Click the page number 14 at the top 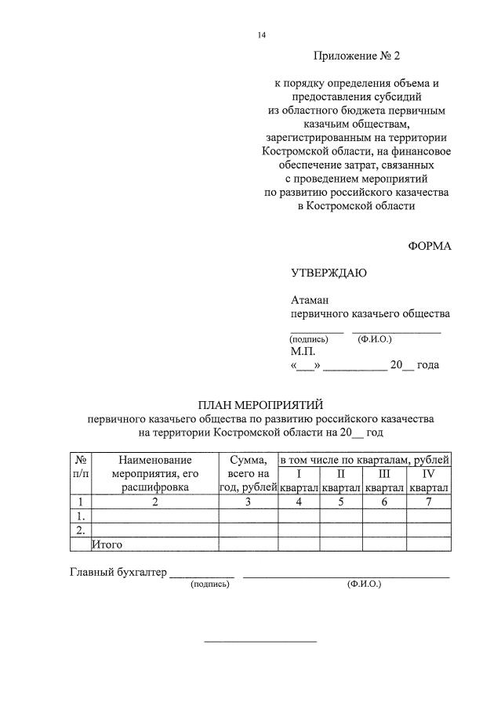pos(262,35)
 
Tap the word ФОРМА pos(430,245)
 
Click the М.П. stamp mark pos(303,352)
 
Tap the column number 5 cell pos(341,501)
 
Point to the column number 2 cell pos(154,501)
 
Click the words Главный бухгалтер pos(118,572)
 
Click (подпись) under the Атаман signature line pos(307,339)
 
